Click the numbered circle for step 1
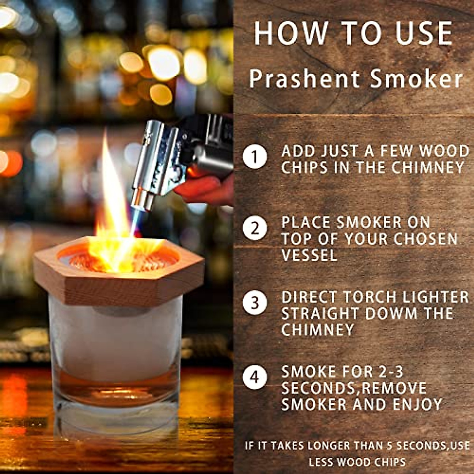[x=255, y=157]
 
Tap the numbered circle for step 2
[x=255, y=228]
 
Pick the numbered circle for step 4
[x=255, y=377]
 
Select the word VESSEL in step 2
[x=309, y=255]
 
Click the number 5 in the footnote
[x=389, y=446]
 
